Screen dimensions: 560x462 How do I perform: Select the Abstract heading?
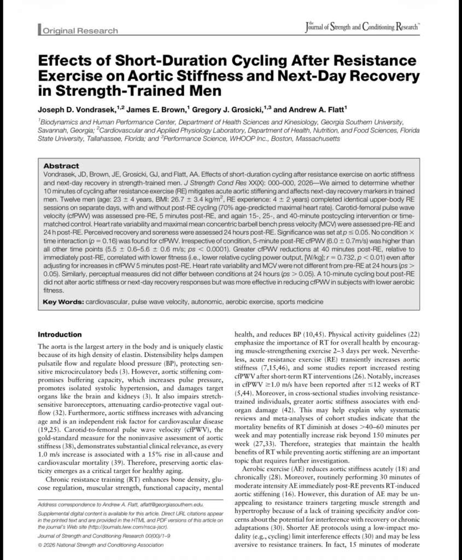(61, 166)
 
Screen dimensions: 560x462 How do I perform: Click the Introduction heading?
(60, 334)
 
